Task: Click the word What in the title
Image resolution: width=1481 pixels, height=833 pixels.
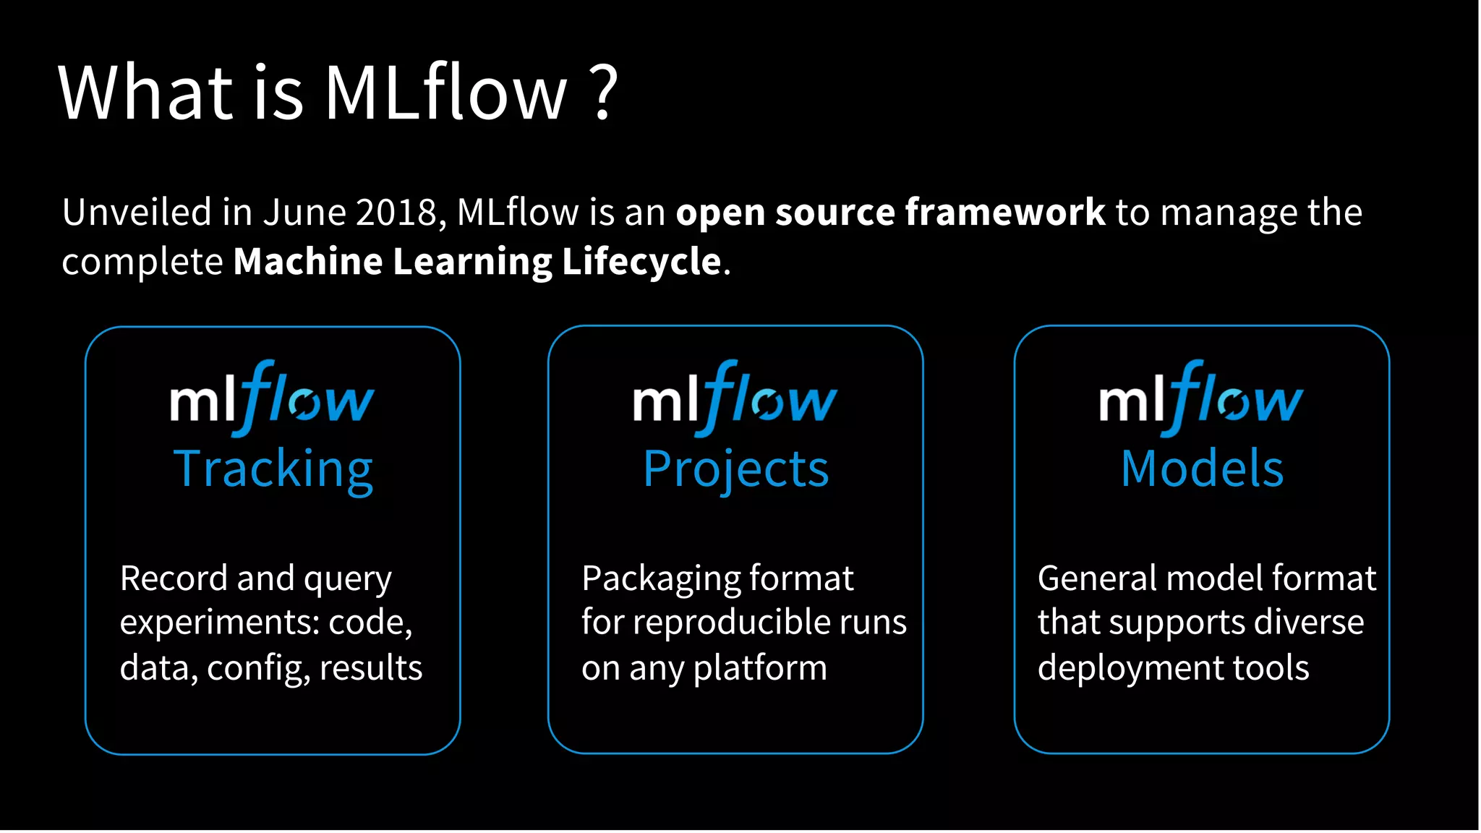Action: point(145,93)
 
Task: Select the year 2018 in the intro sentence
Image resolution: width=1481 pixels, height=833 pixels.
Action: point(396,213)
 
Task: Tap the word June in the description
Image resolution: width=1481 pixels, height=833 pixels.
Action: point(303,213)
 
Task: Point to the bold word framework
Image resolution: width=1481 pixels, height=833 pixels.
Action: point(1004,213)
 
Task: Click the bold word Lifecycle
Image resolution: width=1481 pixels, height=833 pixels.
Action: point(641,262)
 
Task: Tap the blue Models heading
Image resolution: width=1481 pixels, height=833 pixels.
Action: point(1202,469)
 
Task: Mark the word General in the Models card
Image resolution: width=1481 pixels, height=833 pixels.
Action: point(1098,578)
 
